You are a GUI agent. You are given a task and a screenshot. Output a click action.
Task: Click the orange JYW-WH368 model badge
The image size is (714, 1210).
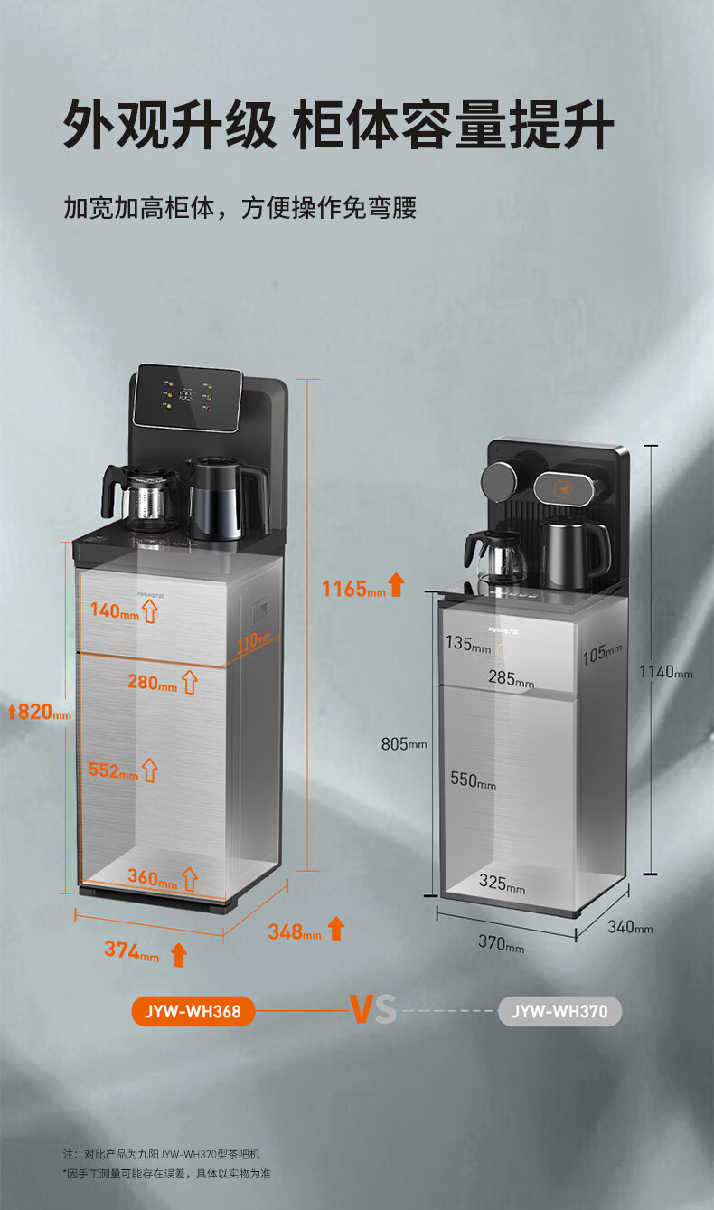193,1011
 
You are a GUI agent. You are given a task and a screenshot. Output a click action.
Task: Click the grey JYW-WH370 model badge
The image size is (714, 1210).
559,1011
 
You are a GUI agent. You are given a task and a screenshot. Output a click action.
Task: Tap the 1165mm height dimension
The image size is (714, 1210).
353,589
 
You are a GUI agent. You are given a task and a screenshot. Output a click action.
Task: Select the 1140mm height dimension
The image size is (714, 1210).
666,672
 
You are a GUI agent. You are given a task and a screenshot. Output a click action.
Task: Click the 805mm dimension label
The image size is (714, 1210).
404,744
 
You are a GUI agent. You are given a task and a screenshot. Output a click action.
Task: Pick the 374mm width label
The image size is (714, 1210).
132,950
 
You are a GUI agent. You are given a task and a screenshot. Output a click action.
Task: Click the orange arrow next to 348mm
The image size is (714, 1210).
336,928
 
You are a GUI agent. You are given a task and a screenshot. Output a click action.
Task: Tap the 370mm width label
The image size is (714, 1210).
501,942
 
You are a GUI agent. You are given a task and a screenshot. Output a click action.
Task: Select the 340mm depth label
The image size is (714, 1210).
630,927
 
